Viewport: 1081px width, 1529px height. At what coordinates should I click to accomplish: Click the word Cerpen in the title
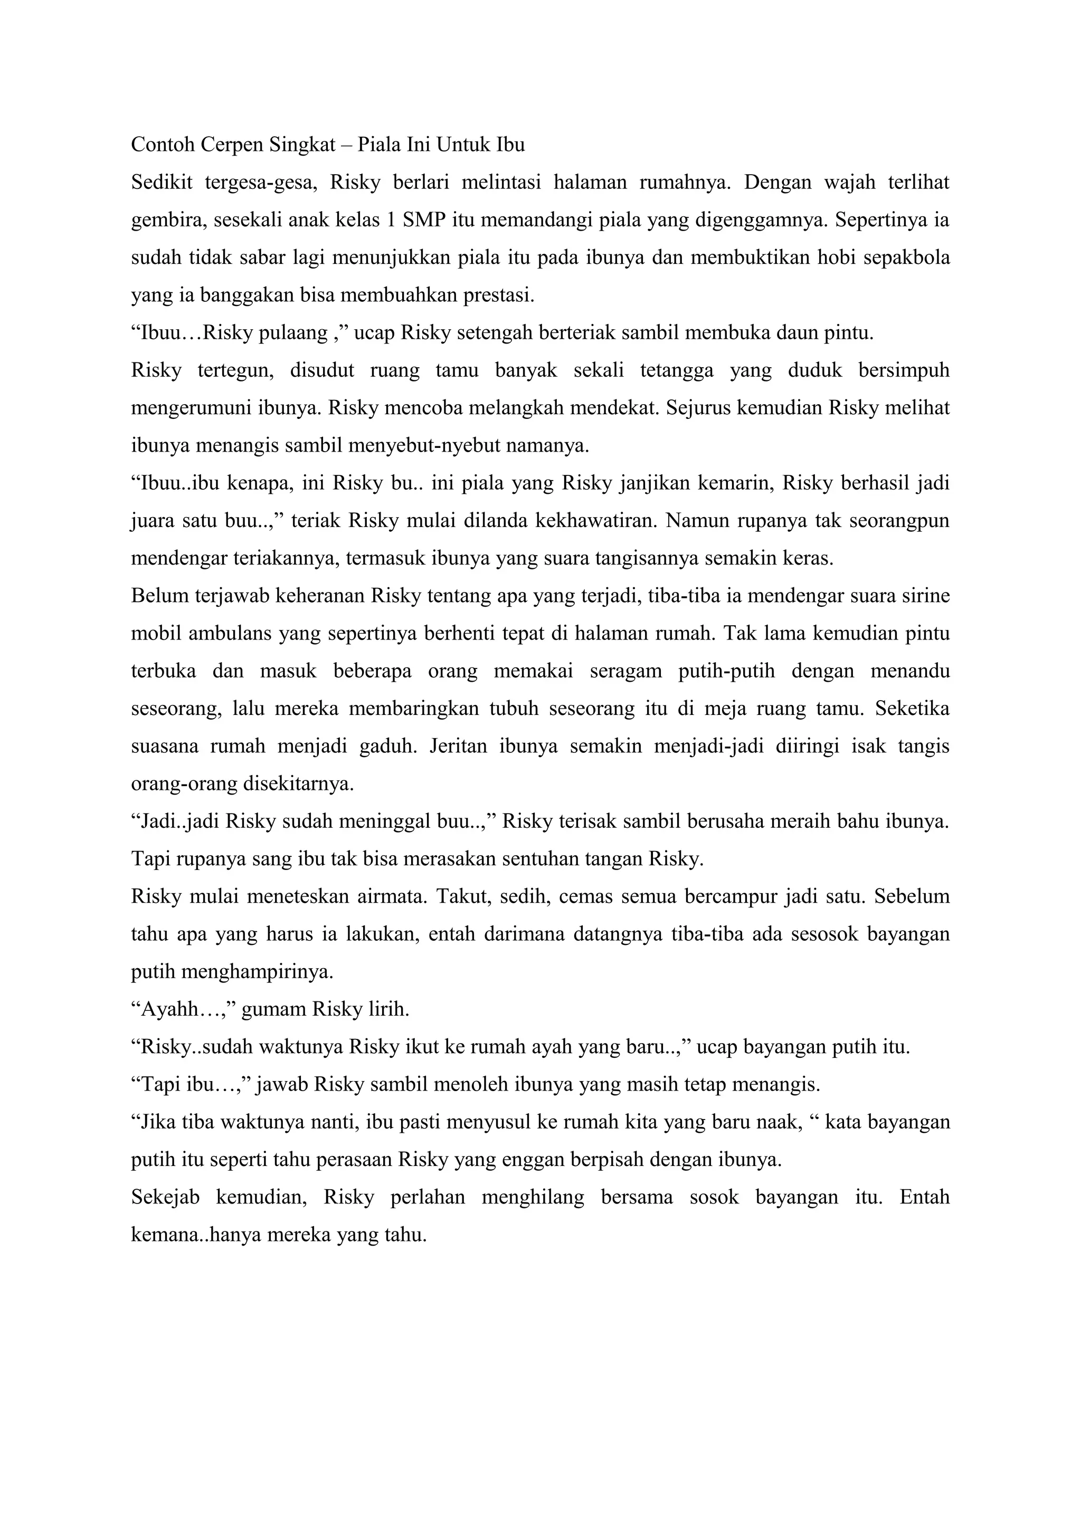[x=231, y=145]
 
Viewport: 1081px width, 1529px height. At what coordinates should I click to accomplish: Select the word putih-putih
[x=727, y=671]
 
